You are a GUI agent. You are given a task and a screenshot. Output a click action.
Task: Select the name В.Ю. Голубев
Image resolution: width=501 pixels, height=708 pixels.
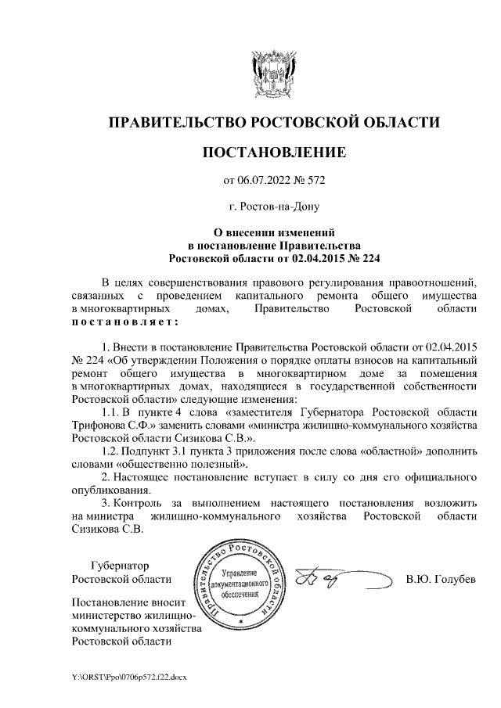click(x=442, y=580)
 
